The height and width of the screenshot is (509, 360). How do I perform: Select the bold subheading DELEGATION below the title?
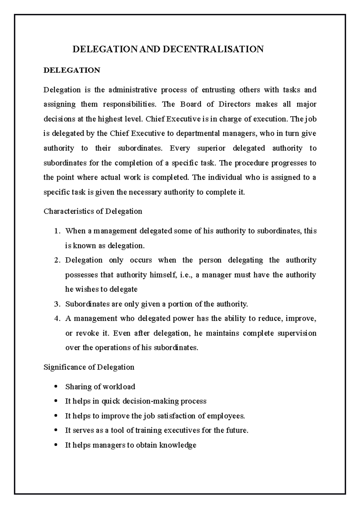point(72,70)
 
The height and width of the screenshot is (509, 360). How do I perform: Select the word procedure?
point(252,163)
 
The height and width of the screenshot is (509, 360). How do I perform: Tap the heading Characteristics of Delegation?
point(93,211)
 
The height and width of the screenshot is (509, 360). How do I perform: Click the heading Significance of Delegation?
point(89,367)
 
